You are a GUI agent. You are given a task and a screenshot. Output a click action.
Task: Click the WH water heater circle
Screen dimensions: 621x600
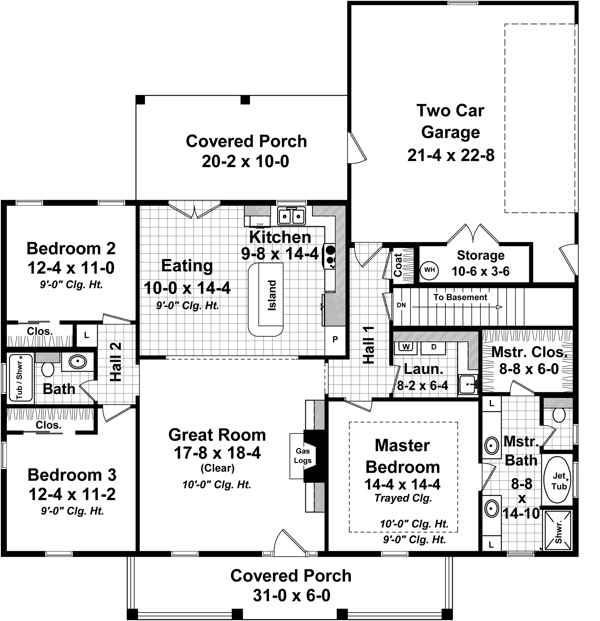(429, 270)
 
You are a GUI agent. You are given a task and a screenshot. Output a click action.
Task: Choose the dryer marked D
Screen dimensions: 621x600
(434, 347)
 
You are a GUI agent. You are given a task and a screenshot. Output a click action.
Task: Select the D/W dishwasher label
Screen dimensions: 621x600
(260, 224)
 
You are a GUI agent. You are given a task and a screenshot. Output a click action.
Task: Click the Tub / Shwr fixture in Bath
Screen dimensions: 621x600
(20, 378)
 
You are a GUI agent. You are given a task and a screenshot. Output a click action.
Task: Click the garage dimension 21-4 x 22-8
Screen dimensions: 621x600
(451, 156)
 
